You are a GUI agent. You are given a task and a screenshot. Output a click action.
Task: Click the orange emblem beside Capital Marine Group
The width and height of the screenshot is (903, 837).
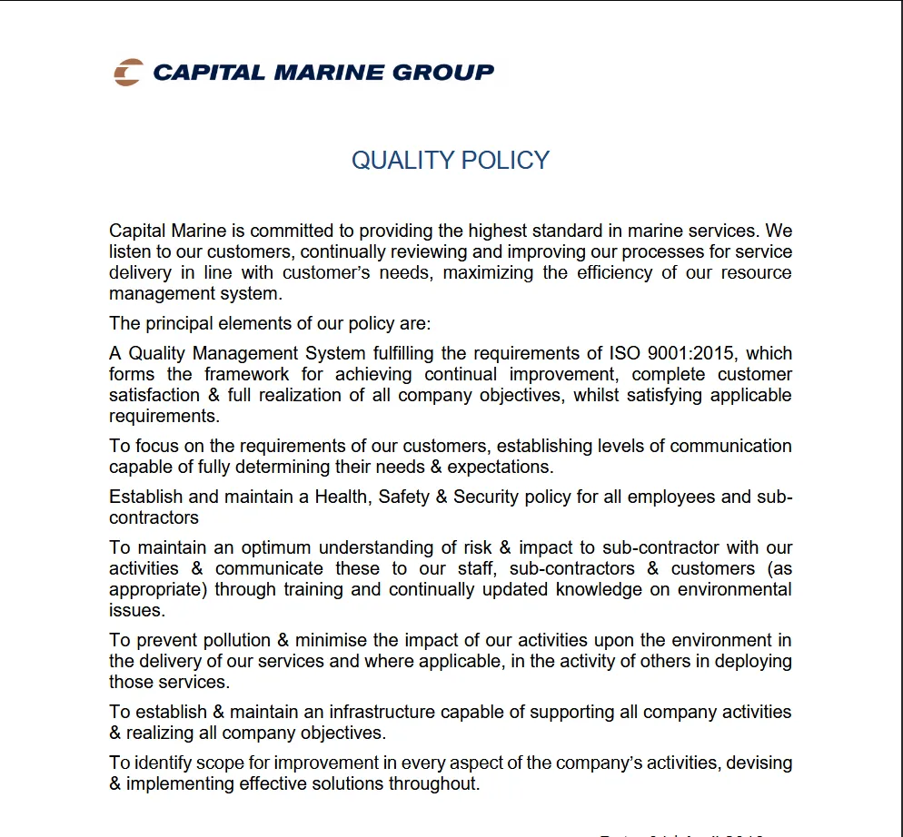click(x=128, y=72)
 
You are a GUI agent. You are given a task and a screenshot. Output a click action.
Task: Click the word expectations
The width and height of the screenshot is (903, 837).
click(x=499, y=467)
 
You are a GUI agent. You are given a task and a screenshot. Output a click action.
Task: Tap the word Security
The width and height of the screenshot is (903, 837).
click(x=491, y=497)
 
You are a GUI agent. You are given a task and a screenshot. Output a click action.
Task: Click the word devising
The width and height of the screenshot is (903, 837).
click(x=759, y=763)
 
